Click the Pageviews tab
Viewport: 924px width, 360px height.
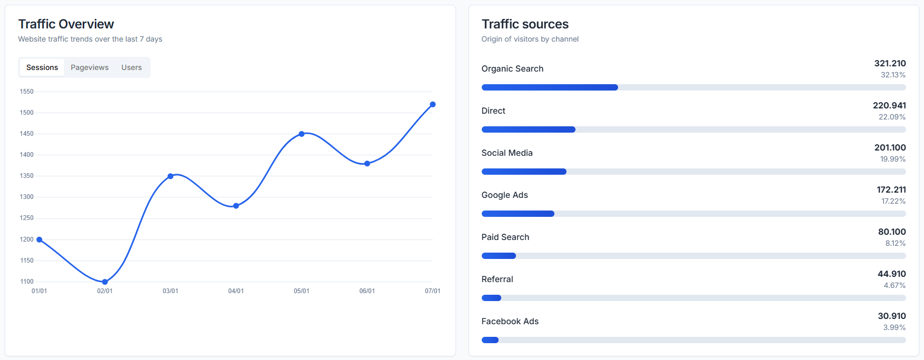click(90, 67)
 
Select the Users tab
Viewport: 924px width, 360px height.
click(132, 67)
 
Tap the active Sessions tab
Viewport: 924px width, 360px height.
click(42, 67)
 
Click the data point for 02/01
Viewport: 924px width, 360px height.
click(105, 282)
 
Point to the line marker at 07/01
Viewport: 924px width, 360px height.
click(433, 104)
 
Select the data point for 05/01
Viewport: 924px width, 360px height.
click(302, 134)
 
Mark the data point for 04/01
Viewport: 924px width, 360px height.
click(236, 206)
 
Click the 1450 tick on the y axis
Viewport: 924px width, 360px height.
click(26, 134)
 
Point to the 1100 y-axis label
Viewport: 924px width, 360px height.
click(26, 282)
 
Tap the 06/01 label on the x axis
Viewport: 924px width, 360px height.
click(367, 291)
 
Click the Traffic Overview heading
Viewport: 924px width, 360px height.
click(66, 24)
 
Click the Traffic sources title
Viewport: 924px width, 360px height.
click(525, 24)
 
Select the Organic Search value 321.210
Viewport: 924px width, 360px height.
click(890, 63)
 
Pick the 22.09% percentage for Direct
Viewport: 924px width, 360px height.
click(892, 117)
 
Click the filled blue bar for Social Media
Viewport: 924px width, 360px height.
click(524, 172)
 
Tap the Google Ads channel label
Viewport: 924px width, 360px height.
click(504, 195)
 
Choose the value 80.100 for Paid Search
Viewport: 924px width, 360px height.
click(892, 232)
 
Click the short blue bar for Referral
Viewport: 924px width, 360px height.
click(491, 298)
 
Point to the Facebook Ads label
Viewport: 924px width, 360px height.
click(510, 321)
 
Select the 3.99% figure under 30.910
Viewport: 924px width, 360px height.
click(894, 327)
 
